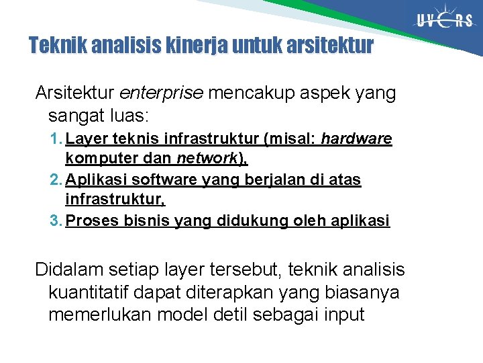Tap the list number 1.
tap(55, 140)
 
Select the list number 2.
tap(55, 180)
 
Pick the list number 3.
tap(55, 221)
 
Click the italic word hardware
tap(356, 140)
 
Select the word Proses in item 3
tap(93, 221)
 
